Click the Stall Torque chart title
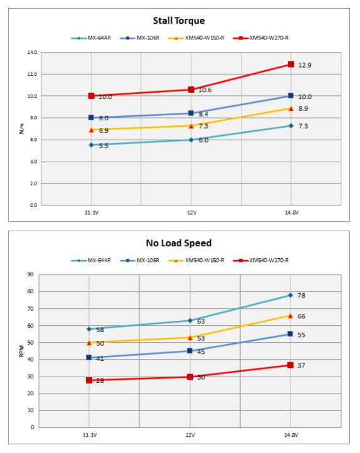(x=179, y=21)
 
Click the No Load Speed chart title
(x=179, y=243)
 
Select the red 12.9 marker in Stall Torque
(x=291, y=64)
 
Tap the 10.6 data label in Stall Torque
(x=205, y=90)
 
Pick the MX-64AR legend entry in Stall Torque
(x=91, y=38)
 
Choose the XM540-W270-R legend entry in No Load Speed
(x=260, y=260)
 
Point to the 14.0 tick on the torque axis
(x=33, y=52)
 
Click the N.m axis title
(x=22, y=128)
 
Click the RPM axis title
(x=21, y=351)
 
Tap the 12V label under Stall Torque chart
(x=191, y=212)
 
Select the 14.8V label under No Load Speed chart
(x=291, y=435)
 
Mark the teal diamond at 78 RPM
(x=290, y=295)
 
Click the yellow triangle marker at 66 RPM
(x=290, y=316)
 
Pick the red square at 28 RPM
(x=89, y=380)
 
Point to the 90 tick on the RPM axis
(x=30, y=274)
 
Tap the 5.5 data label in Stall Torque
(x=103, y=146)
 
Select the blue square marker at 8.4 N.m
(x=191, y=113)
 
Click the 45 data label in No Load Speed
(x=201, y=352)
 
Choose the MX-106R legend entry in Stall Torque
(x=140, y=38)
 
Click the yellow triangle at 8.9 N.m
(x=291, y=108)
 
